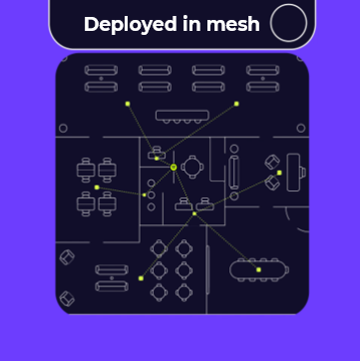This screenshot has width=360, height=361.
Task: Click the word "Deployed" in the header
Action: [x=131, y=25]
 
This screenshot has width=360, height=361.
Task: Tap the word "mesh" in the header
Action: [x=233, y=24]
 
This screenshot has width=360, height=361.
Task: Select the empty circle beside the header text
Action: [x=288, y=23]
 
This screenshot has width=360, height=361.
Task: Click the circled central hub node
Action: [x=174, y=168]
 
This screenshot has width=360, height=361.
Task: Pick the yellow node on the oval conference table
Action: [x=258, y=269]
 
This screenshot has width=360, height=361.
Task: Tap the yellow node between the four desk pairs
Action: [x=97, y=187]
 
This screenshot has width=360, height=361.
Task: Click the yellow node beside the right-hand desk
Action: [x=279, y=173]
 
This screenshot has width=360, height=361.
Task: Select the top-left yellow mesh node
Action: [x=128, y=104]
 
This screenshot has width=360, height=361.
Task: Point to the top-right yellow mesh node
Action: [x=236, y=104]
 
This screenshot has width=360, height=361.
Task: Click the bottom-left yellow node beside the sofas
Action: [x=141, y=278]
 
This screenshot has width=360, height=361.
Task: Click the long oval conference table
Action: [x=259, y=270]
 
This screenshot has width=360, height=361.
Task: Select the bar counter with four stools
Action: [x=182, y=117]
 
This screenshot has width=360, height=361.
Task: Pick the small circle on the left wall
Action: [x=63, y=129]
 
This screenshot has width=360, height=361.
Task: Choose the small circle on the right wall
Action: [x=301, y=128]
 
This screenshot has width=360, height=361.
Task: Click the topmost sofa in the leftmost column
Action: [x=101, y=70]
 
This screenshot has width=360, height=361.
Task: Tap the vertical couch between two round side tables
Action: [x=234, y=173]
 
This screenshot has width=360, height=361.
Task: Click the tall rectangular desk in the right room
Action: [x=293, y=173]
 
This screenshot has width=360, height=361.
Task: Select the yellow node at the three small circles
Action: [x=145, y=194]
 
